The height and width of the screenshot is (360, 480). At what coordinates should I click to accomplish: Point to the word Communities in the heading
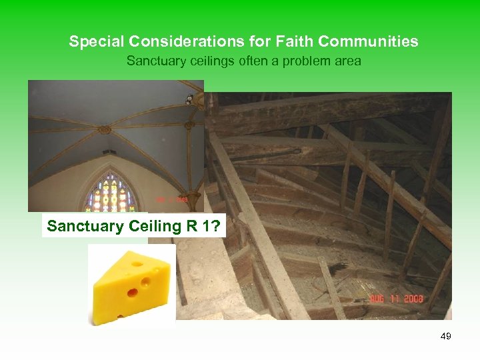368,41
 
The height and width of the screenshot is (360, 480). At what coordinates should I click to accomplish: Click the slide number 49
445,336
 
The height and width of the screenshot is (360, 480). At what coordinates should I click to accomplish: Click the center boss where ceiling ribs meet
105,130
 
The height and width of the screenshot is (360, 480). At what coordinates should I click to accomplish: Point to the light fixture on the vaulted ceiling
189,100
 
